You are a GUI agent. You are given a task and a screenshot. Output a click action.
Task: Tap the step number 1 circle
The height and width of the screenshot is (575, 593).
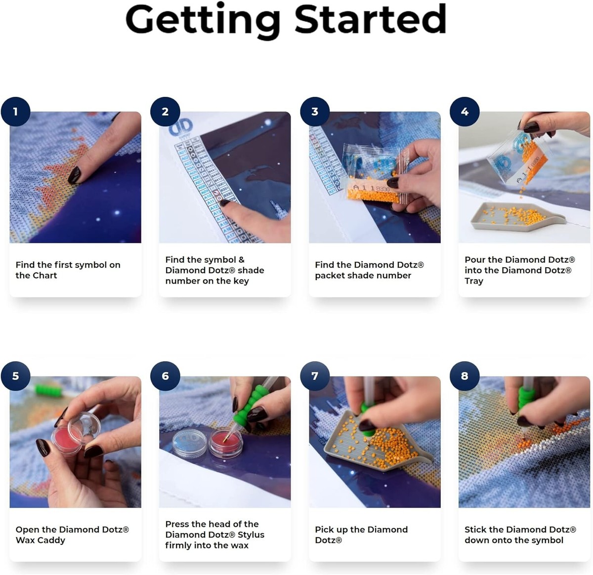coord(15,112)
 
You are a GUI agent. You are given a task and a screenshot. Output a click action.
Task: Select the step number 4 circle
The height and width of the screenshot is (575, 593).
coord(465,112)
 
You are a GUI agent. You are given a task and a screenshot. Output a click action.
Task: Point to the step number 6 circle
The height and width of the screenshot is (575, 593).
coord(165,376)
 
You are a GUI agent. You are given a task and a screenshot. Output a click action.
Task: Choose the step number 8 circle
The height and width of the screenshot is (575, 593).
coord(465,376)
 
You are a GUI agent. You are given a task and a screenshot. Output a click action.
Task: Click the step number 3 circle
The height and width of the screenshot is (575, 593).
coord(315,112)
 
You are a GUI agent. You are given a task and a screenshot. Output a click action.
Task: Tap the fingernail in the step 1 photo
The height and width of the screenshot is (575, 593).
coord(74,175)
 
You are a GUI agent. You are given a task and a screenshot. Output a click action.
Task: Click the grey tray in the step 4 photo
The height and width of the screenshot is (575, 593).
coord(515,216)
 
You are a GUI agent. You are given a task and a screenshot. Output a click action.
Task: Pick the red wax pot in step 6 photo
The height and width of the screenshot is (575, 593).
coord(225,445)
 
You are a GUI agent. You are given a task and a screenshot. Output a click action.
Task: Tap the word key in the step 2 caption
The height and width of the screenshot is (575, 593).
coord(241,281)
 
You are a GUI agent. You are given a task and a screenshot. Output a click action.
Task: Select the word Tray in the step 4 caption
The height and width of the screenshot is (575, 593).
coord(474,281)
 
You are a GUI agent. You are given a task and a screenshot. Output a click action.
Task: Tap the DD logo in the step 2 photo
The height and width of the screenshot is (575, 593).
coord(181,126)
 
